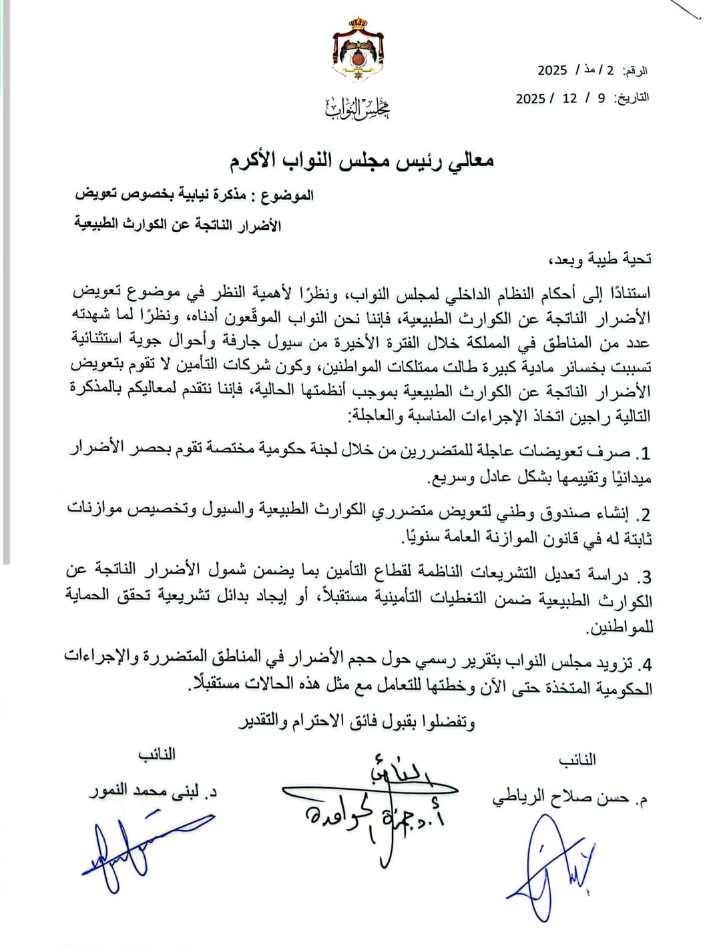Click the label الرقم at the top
tap(635, 71)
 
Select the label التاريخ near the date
tap(631, 98)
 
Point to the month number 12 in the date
tap(569, 98)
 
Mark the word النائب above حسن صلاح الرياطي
tap(576, 760)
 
